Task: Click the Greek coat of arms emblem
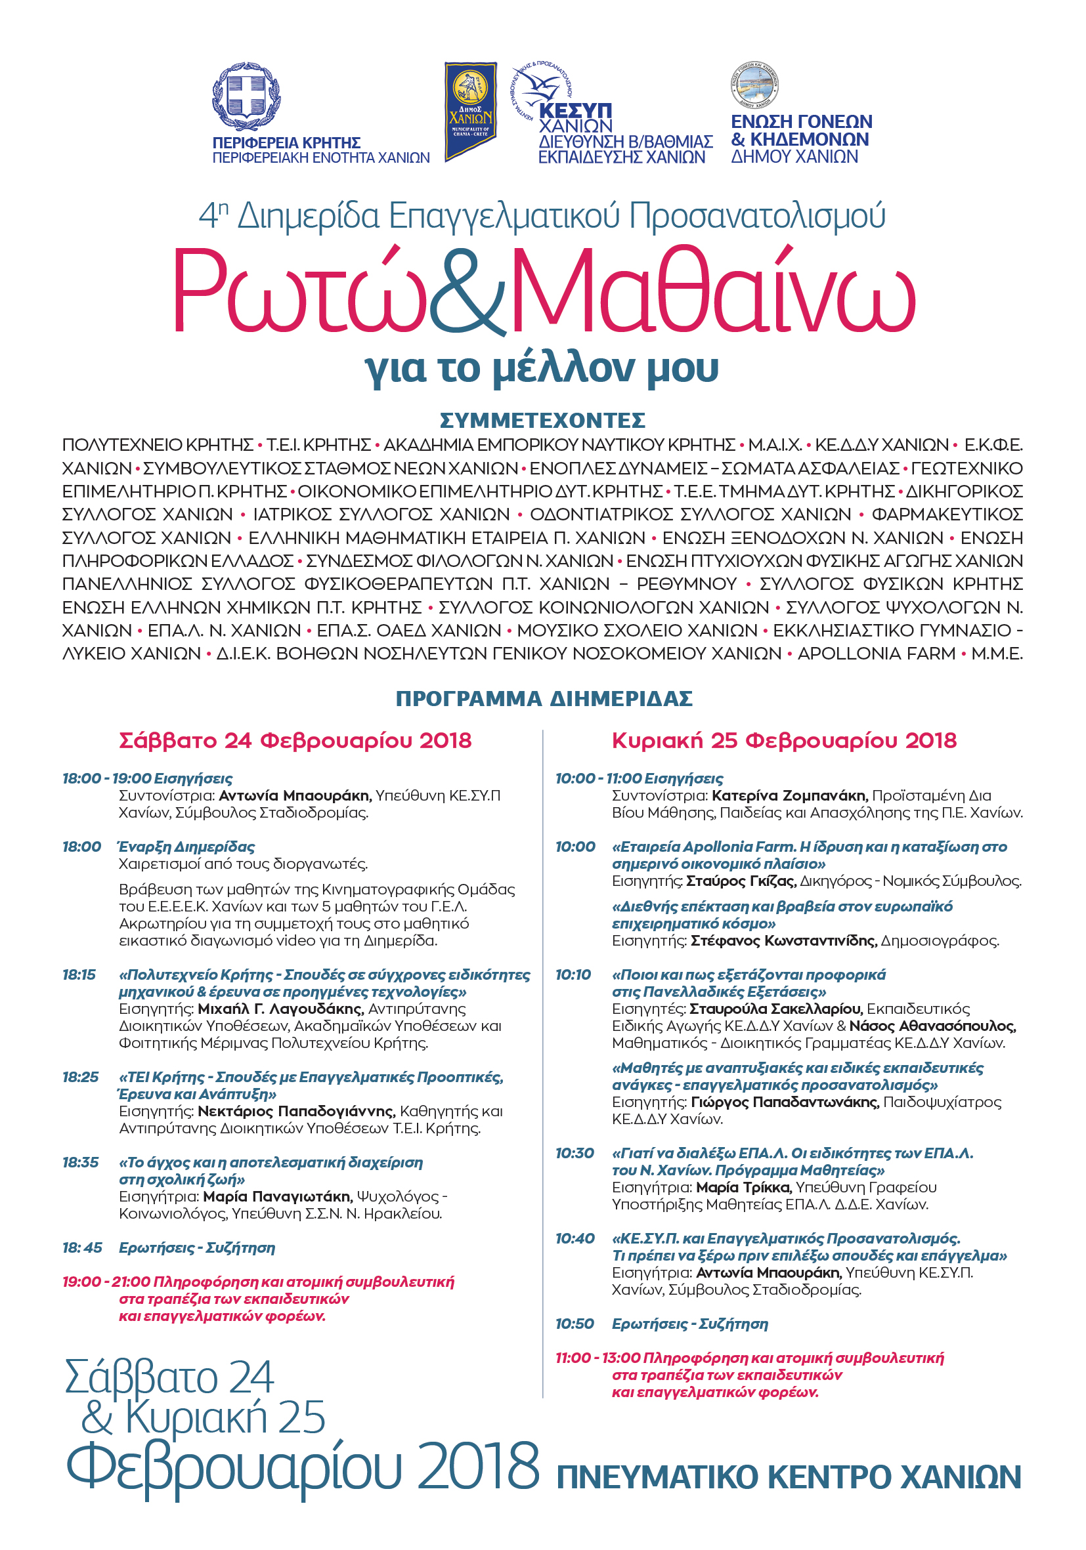click(x=246, y=96)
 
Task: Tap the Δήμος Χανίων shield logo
click(x=470, y=111)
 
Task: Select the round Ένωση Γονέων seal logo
click(x=754, y=85)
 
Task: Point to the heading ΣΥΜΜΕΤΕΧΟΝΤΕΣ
click(x=542, y=421)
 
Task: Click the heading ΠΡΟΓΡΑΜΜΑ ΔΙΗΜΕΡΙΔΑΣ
click(x=544, y=699)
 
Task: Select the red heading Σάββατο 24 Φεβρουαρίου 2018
click(x=295, y=741)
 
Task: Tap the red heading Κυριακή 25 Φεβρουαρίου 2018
click(x=784, y=741)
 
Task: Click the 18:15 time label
click(x=79, y=975)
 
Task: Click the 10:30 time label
click(x=575, y=1153)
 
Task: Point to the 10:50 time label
click(x=575, y=1324)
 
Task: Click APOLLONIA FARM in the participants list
click(x=876, y=654)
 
